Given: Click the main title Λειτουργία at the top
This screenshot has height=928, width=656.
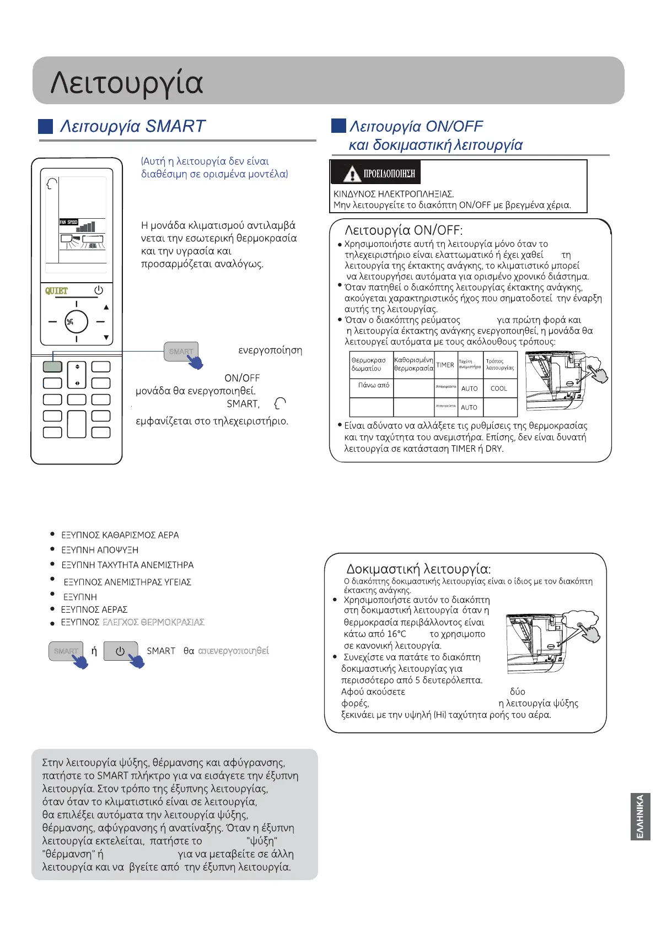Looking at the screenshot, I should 127,82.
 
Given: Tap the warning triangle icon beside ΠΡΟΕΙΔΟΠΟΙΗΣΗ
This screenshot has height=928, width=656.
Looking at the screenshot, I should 351,174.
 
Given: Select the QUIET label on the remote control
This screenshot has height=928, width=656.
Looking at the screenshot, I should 56,290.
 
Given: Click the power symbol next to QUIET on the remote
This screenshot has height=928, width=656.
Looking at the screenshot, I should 99,290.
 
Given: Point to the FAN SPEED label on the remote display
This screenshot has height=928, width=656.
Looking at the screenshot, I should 69,222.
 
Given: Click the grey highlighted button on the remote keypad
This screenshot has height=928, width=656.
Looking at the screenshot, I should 52,366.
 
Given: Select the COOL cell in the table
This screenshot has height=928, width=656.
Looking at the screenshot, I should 499,389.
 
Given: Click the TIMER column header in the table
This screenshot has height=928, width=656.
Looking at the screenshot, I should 445,365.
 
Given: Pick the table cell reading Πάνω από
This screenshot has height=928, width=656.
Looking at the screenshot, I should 373,385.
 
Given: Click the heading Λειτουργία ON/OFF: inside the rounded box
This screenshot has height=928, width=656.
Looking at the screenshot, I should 404,230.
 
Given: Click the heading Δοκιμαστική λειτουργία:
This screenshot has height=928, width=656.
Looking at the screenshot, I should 418,569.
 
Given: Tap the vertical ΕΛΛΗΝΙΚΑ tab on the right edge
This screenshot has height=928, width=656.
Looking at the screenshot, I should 640,816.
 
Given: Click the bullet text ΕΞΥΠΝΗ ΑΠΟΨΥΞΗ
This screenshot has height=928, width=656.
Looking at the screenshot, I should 100,550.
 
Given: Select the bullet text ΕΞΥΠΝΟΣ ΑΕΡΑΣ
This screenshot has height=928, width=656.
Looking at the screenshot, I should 94,609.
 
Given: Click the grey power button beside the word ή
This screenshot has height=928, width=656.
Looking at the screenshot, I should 120,651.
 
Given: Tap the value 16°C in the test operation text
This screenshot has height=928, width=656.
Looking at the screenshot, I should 396,634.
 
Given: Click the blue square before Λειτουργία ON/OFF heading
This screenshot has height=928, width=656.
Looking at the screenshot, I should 338,126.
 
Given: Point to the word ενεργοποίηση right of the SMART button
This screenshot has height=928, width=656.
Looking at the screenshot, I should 270,350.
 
